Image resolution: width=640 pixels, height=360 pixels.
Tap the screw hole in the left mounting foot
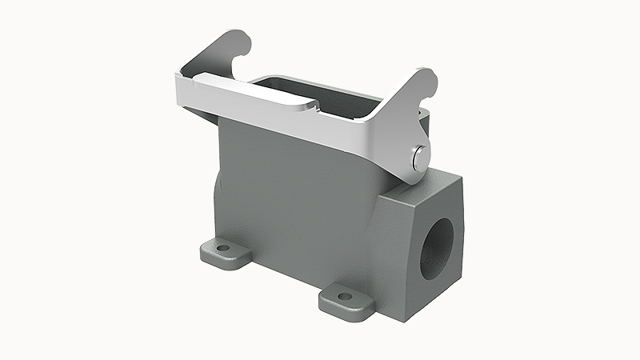coord(223,249)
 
